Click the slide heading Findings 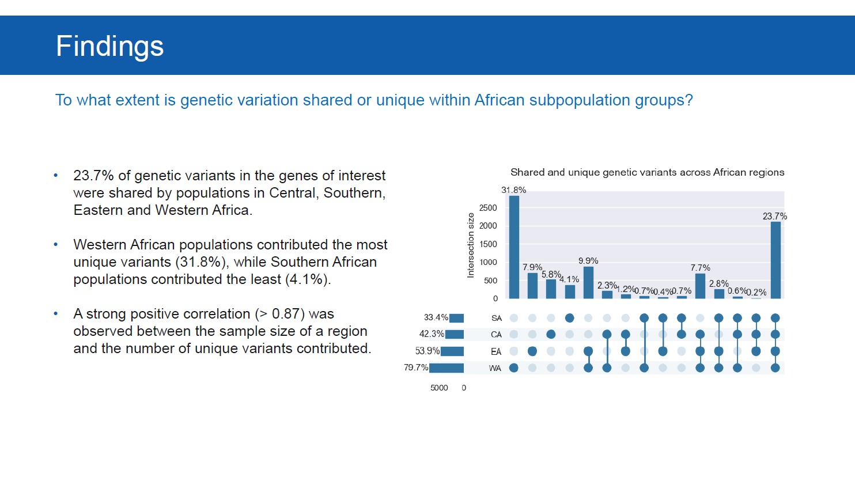(x=109, y=46)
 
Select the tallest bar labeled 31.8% (x=514, y=248)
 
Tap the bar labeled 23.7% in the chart (x=775, y=260)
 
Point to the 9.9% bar (x=588, y=283)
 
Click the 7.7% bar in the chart (x=700, y=286)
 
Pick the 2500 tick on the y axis (x=488, y=208)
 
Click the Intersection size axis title (x=471, y=245)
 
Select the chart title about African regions (x=647, y=172)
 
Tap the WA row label (x=495, y=368)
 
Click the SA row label (x=496, y=318)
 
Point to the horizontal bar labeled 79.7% (x=447, y=368)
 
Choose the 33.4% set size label (x=436, y=317)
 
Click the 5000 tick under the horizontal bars (x=439, y=388)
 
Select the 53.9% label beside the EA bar (x=427, y=351)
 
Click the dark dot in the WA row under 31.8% (x=514, y=368)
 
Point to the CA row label (x=496, y=335)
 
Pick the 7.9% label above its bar (x=532, y=267)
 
